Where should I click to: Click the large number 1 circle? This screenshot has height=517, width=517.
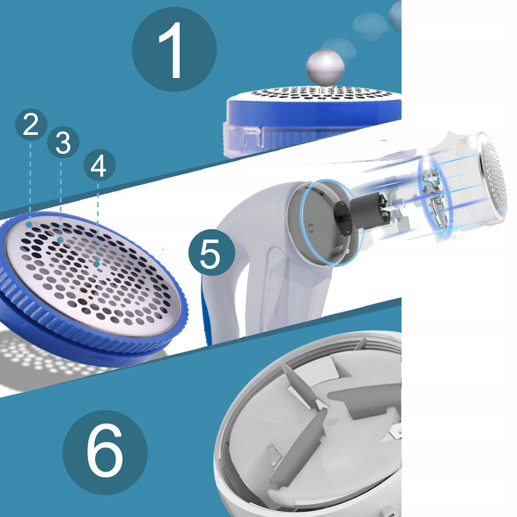[x=174, y=49]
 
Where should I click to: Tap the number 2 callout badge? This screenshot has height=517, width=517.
[x=31, y=125]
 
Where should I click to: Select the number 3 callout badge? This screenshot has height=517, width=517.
[x=63, y=142]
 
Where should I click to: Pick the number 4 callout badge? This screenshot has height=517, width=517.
[x=99, y=165]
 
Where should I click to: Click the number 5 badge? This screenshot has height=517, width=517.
[x=212, y=252]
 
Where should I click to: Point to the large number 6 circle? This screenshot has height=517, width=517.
[x=105, y=452]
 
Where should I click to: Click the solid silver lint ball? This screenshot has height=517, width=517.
[x=325, y=68]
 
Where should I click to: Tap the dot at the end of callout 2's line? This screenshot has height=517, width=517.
[x=29, y=225]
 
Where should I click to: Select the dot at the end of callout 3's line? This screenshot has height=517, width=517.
[x=60, y=240]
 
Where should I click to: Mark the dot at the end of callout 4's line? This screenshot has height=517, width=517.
[x=96, y=264]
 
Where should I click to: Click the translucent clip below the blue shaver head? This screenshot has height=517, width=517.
[x=242, y=138]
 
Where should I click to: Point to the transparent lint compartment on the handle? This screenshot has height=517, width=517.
[x=290, y=287]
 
